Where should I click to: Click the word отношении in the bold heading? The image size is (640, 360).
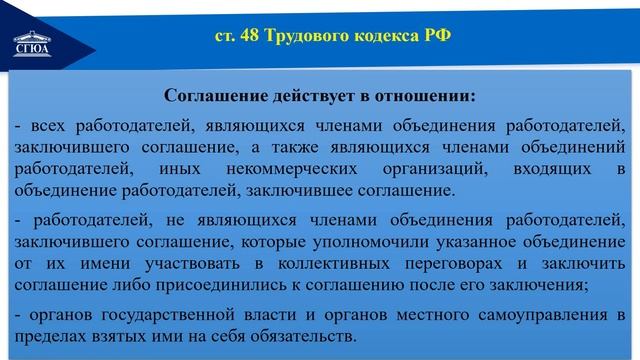(x=423, y=98)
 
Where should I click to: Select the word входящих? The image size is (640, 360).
(x=562, y=168)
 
